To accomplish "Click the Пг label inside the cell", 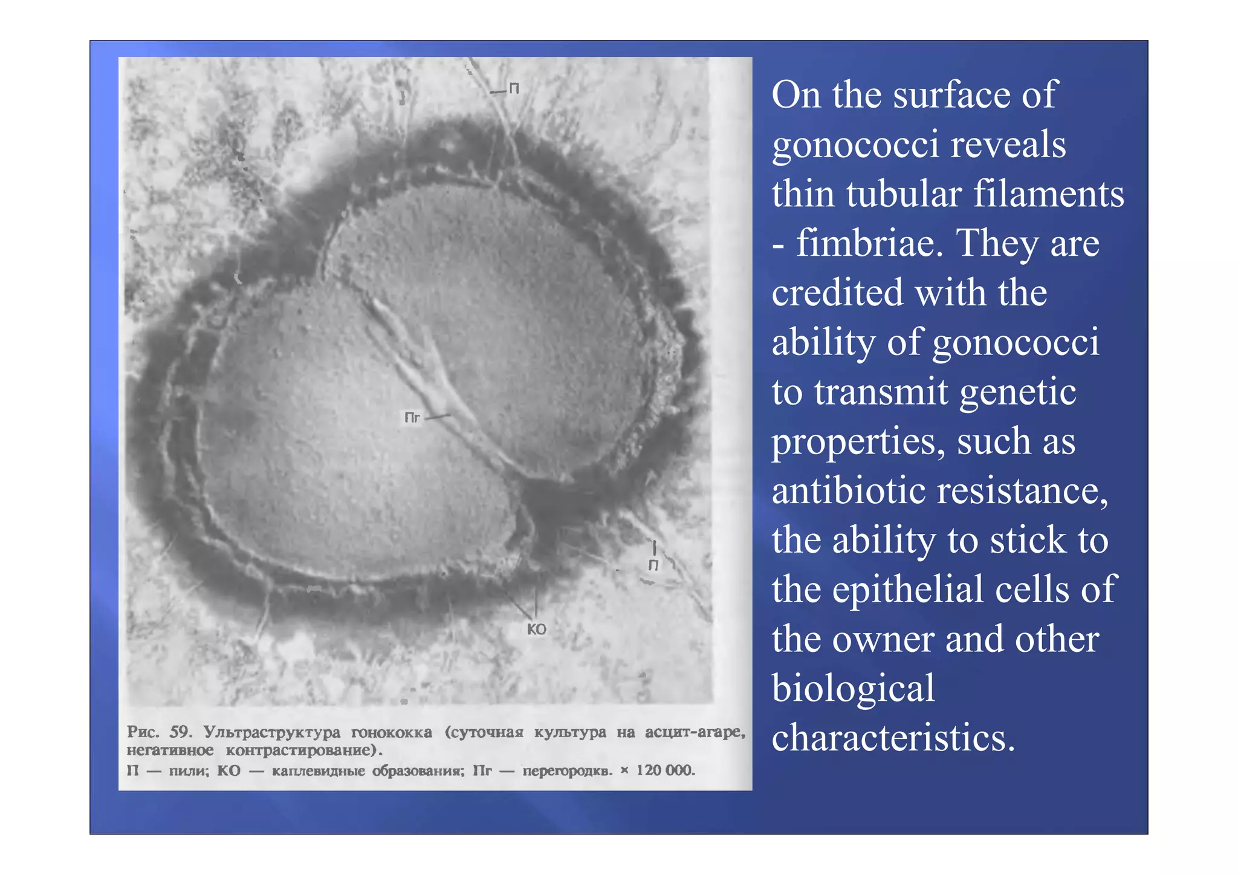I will click(412, 418).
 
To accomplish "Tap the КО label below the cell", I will click(536, 629).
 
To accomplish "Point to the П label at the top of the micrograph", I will click(514, 89).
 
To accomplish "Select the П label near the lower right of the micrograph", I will click(653, 565).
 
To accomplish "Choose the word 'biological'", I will click(853, 688).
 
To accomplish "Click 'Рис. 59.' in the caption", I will click(160, 732).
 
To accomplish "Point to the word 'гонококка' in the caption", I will click(392, 732).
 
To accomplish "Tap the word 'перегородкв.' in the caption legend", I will click(568, 771).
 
